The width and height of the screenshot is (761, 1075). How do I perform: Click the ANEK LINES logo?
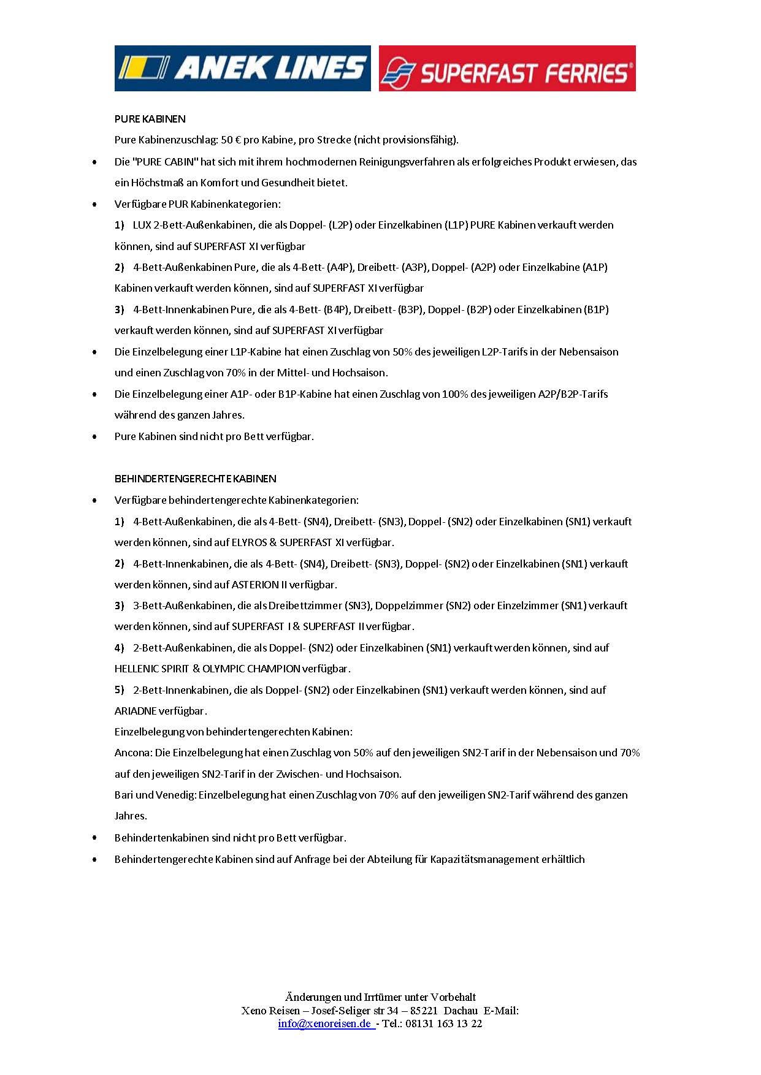tap(242, 68)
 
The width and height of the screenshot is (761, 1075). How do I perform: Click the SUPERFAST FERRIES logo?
tap(507, 69)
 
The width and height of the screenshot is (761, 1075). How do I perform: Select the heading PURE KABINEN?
tap(150, 119)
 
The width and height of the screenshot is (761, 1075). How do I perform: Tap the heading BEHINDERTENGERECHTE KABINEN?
tap(195, 479)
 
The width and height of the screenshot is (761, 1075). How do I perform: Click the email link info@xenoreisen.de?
tap(325, 1024)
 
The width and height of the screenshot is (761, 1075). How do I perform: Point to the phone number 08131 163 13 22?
tap(444, 1024)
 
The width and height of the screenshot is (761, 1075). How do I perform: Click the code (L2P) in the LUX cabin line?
tap(340, 225)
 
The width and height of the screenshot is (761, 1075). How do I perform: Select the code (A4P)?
tap(340, 267)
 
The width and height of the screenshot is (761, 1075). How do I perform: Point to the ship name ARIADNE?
tap(136, 711)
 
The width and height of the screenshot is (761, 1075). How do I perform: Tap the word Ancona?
tap(132, 753)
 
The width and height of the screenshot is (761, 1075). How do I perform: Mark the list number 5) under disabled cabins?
tap(120, 690)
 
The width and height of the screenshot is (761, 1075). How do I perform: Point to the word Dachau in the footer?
tap(461, 1011)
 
